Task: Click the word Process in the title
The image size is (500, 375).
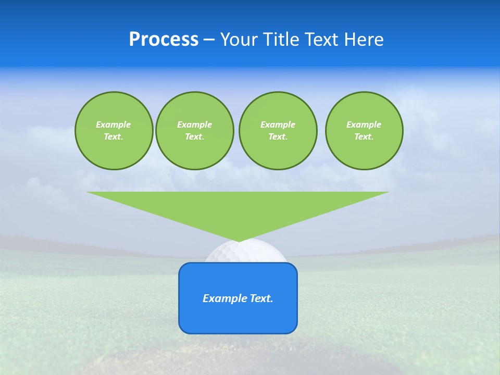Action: click(164, 40)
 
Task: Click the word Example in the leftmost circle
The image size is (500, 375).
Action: click(114, 124)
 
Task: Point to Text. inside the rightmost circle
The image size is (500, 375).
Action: click(364, 137)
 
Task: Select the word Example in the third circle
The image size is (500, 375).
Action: click(278, 124)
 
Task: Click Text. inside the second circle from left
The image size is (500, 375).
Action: click(195, 137)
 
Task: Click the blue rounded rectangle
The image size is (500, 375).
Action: click(238, 318)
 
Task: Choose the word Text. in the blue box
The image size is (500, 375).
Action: click(261, 298)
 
